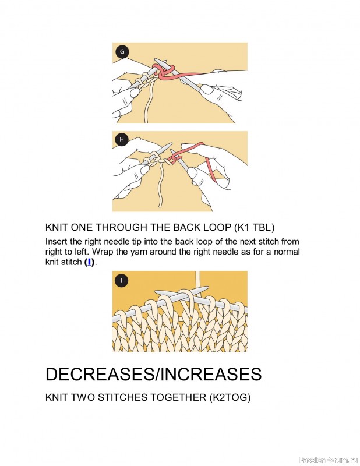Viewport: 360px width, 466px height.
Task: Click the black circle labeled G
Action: point(122,52)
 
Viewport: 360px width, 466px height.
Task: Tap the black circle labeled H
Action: point(122,139)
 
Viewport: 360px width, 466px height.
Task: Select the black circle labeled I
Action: point(122,281)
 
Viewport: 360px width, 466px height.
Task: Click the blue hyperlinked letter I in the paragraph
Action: point(89,262)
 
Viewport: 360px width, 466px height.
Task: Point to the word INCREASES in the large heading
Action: point(211,374)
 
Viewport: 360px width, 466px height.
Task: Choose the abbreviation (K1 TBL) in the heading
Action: point(254,227)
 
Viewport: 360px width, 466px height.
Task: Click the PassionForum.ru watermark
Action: point(329,460)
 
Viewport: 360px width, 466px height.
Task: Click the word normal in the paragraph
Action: point(287,252)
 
